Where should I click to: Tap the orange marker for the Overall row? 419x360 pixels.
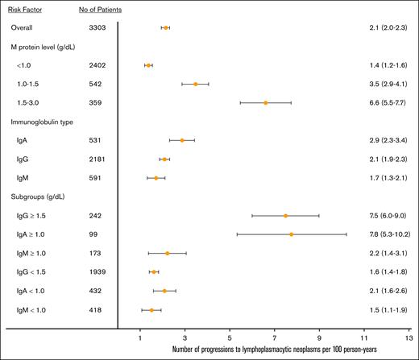(165, 27)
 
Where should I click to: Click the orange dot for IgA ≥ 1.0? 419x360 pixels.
(291, 234)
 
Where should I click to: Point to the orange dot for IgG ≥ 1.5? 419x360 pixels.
(285, 216)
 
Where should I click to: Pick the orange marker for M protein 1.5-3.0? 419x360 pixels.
(265, 102)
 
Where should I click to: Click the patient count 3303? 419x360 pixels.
(98, 27)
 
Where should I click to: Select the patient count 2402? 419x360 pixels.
(98, 64)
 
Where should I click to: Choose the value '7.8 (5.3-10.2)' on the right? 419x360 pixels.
(385, 234)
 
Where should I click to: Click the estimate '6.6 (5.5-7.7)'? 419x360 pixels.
(382, 102)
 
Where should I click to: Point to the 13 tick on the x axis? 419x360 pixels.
(409, 338)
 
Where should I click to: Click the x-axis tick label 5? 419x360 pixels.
(230, 338)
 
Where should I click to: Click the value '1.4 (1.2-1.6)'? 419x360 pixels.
(382, 64)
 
